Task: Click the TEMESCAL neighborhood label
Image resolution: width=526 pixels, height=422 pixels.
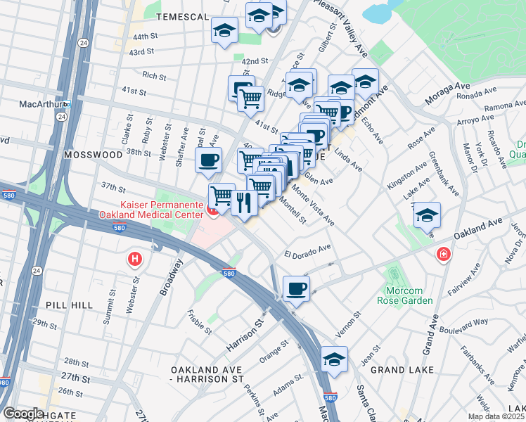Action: tap(183, 16)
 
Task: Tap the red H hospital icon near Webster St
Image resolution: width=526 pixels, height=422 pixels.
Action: tap(134, 260)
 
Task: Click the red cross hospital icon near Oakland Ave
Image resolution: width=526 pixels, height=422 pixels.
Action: tap(444, 254)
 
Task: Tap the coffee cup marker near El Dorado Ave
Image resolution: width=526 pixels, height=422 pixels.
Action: tap(296, 288)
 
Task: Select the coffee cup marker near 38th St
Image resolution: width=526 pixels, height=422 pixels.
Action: tap(208, 160)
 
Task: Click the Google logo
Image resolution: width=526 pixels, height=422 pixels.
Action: tap(23, 414)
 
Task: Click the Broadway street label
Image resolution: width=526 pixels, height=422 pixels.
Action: tap(171, 276)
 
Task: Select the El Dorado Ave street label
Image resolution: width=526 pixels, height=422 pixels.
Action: tap(307, 250)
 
